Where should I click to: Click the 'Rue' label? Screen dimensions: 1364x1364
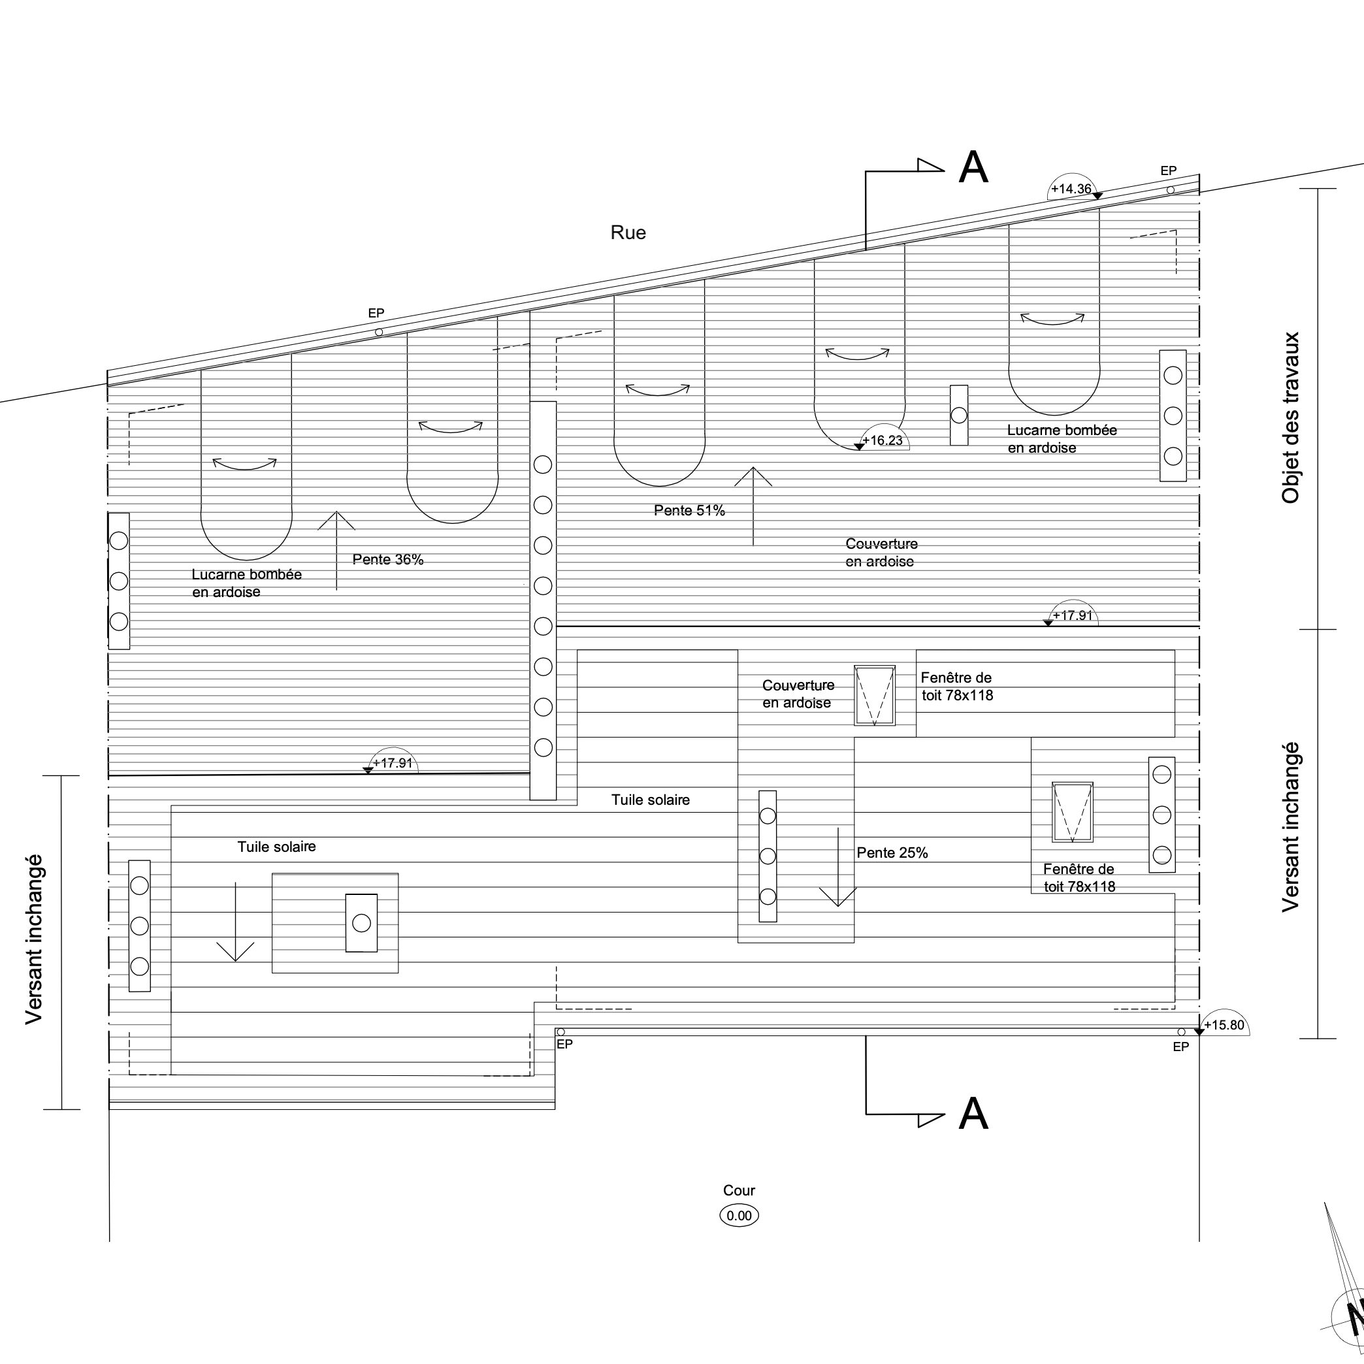tap(628, 233)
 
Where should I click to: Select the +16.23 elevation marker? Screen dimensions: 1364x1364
tap(882, 440)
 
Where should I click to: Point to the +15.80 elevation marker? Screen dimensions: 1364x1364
tap(1224, 1025)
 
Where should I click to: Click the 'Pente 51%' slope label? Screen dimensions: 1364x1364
tap(689, 510)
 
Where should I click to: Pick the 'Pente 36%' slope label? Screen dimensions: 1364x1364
tap(387, 560)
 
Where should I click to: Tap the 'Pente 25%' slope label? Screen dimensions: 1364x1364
tap(892, 853)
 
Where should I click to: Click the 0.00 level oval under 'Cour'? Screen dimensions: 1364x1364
tap(739, 1216)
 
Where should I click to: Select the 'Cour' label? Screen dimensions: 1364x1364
tap(738, 1190)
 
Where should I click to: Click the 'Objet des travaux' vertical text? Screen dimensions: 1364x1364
tap(1290, 418)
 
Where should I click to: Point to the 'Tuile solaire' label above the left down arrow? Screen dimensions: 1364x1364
tap(276, 847)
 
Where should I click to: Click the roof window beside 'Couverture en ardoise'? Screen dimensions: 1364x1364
tap(875, 696)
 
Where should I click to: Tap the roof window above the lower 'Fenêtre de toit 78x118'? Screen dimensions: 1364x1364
tap(1073, 812)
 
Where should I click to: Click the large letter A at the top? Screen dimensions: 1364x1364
tap(973, 167)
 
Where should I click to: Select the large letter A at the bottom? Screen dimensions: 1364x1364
tap(973, 1113)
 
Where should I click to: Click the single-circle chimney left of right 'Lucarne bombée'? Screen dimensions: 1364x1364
tap(959, 415)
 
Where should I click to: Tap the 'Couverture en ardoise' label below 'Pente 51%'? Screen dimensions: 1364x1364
tap(881, 553)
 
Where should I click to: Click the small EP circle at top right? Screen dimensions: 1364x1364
tap(1171, 190)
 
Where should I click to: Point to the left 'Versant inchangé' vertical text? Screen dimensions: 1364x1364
tap(34, 939)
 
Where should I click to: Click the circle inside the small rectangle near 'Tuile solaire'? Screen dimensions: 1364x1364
tap(361, 923)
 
